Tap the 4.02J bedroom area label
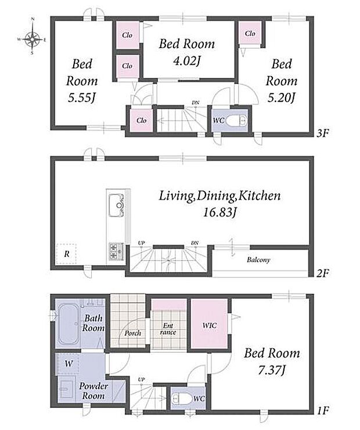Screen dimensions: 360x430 coord(186,61)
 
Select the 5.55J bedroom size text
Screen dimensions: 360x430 coord(82,98)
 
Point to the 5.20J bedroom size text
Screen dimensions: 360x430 coord(281,98)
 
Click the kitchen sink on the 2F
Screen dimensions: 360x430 coord(116,205)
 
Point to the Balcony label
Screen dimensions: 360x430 coord(258,260)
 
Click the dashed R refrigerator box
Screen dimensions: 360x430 coord(66,254)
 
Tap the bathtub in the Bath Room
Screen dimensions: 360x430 coord(68,324)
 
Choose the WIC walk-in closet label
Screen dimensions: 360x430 coord(210,325)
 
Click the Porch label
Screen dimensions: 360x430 coord(132,333)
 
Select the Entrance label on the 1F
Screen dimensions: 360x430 coord(168,329)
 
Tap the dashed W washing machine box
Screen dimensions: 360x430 coord(67,364)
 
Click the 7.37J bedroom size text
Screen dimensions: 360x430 coord(272,371)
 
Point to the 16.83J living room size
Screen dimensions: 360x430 coord(219,212)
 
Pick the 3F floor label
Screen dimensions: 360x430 coord(323,133)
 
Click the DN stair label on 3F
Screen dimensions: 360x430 coord(195,103)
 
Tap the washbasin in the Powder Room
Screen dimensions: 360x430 coord(66,389)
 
